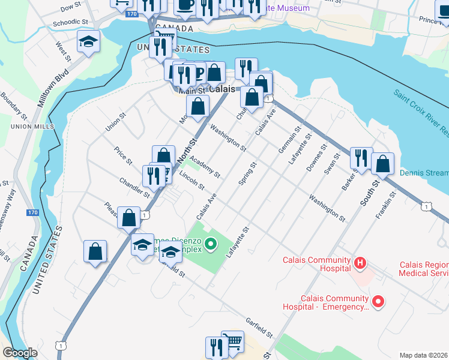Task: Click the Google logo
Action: pos(19,353)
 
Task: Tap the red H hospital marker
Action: pos(360,262)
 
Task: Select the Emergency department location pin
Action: pos(378,301)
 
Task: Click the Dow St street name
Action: pos(71,6)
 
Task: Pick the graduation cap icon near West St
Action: pos(88,41)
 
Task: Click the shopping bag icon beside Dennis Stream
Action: pos(382,163)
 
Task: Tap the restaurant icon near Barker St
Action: pos(361,157)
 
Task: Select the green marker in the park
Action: pos(210,244)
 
